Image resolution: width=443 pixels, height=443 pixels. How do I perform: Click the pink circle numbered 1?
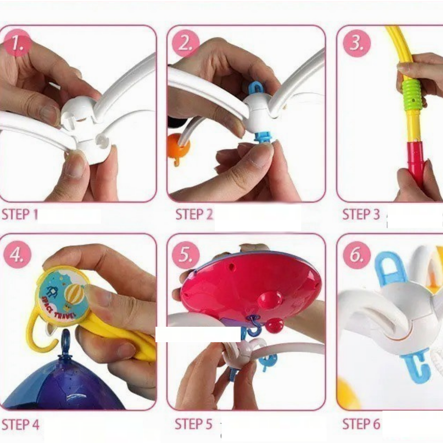(x=18, y=43)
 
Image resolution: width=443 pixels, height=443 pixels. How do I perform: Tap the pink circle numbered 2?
(x=186, y=43)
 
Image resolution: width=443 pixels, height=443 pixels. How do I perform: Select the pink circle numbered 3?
(x=357, y=43)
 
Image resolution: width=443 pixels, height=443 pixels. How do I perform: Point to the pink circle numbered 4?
(x=17, y=254)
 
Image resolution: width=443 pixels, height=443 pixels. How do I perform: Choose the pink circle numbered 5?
(x=186, y=254)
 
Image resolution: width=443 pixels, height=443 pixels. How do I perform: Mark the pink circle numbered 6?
(x=357, y=255)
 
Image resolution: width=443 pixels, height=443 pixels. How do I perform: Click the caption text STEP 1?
(x=19, y=214)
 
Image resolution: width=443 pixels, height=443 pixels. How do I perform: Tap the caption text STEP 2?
(x=194, y=214)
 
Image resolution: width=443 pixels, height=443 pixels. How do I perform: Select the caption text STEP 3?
(x=361, y=214)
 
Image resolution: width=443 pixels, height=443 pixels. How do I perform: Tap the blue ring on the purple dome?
(x=66, y=339)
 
